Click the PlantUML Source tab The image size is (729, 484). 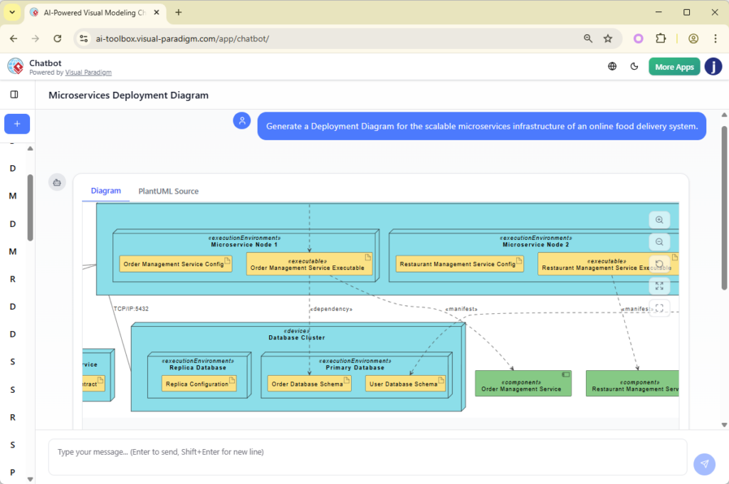coord(168,191)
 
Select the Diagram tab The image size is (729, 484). coord(106,191)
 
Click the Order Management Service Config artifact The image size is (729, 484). coord(175,264)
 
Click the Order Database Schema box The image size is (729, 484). coord(309,384)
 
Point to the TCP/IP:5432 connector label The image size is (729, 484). coord(131,309)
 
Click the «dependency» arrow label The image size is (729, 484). coord(331,309)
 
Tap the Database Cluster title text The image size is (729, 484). coord(296,337)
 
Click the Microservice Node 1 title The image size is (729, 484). coord(244,245)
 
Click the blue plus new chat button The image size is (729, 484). coord(17,124)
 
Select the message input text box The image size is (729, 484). coord(367,456)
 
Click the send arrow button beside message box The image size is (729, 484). coord(704,464)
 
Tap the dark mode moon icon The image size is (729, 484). coord(634,67)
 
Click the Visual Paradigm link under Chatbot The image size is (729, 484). coord(88,73)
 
